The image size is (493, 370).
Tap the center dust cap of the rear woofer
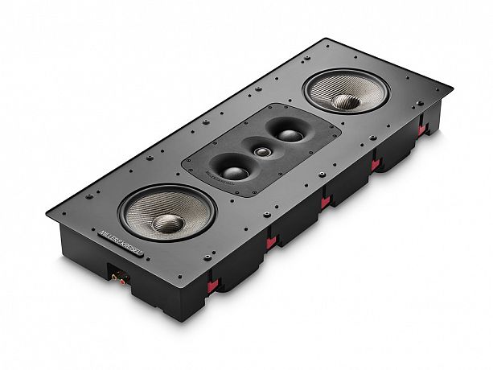click(346, 101)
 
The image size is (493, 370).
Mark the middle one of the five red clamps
click(325, 202)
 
